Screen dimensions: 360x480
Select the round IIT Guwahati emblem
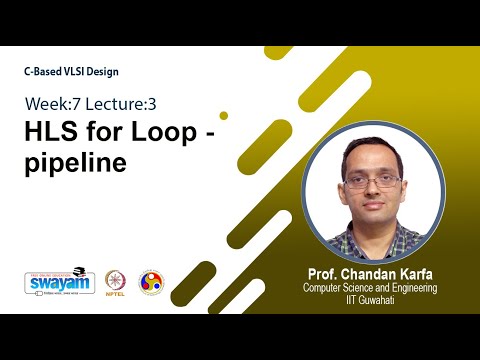(x=151, y=282)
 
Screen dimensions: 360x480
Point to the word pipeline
(x=76, y=163)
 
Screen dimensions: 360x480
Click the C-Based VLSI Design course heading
(x=76, y=72)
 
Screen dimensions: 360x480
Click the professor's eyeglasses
(x=371, y=181)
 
